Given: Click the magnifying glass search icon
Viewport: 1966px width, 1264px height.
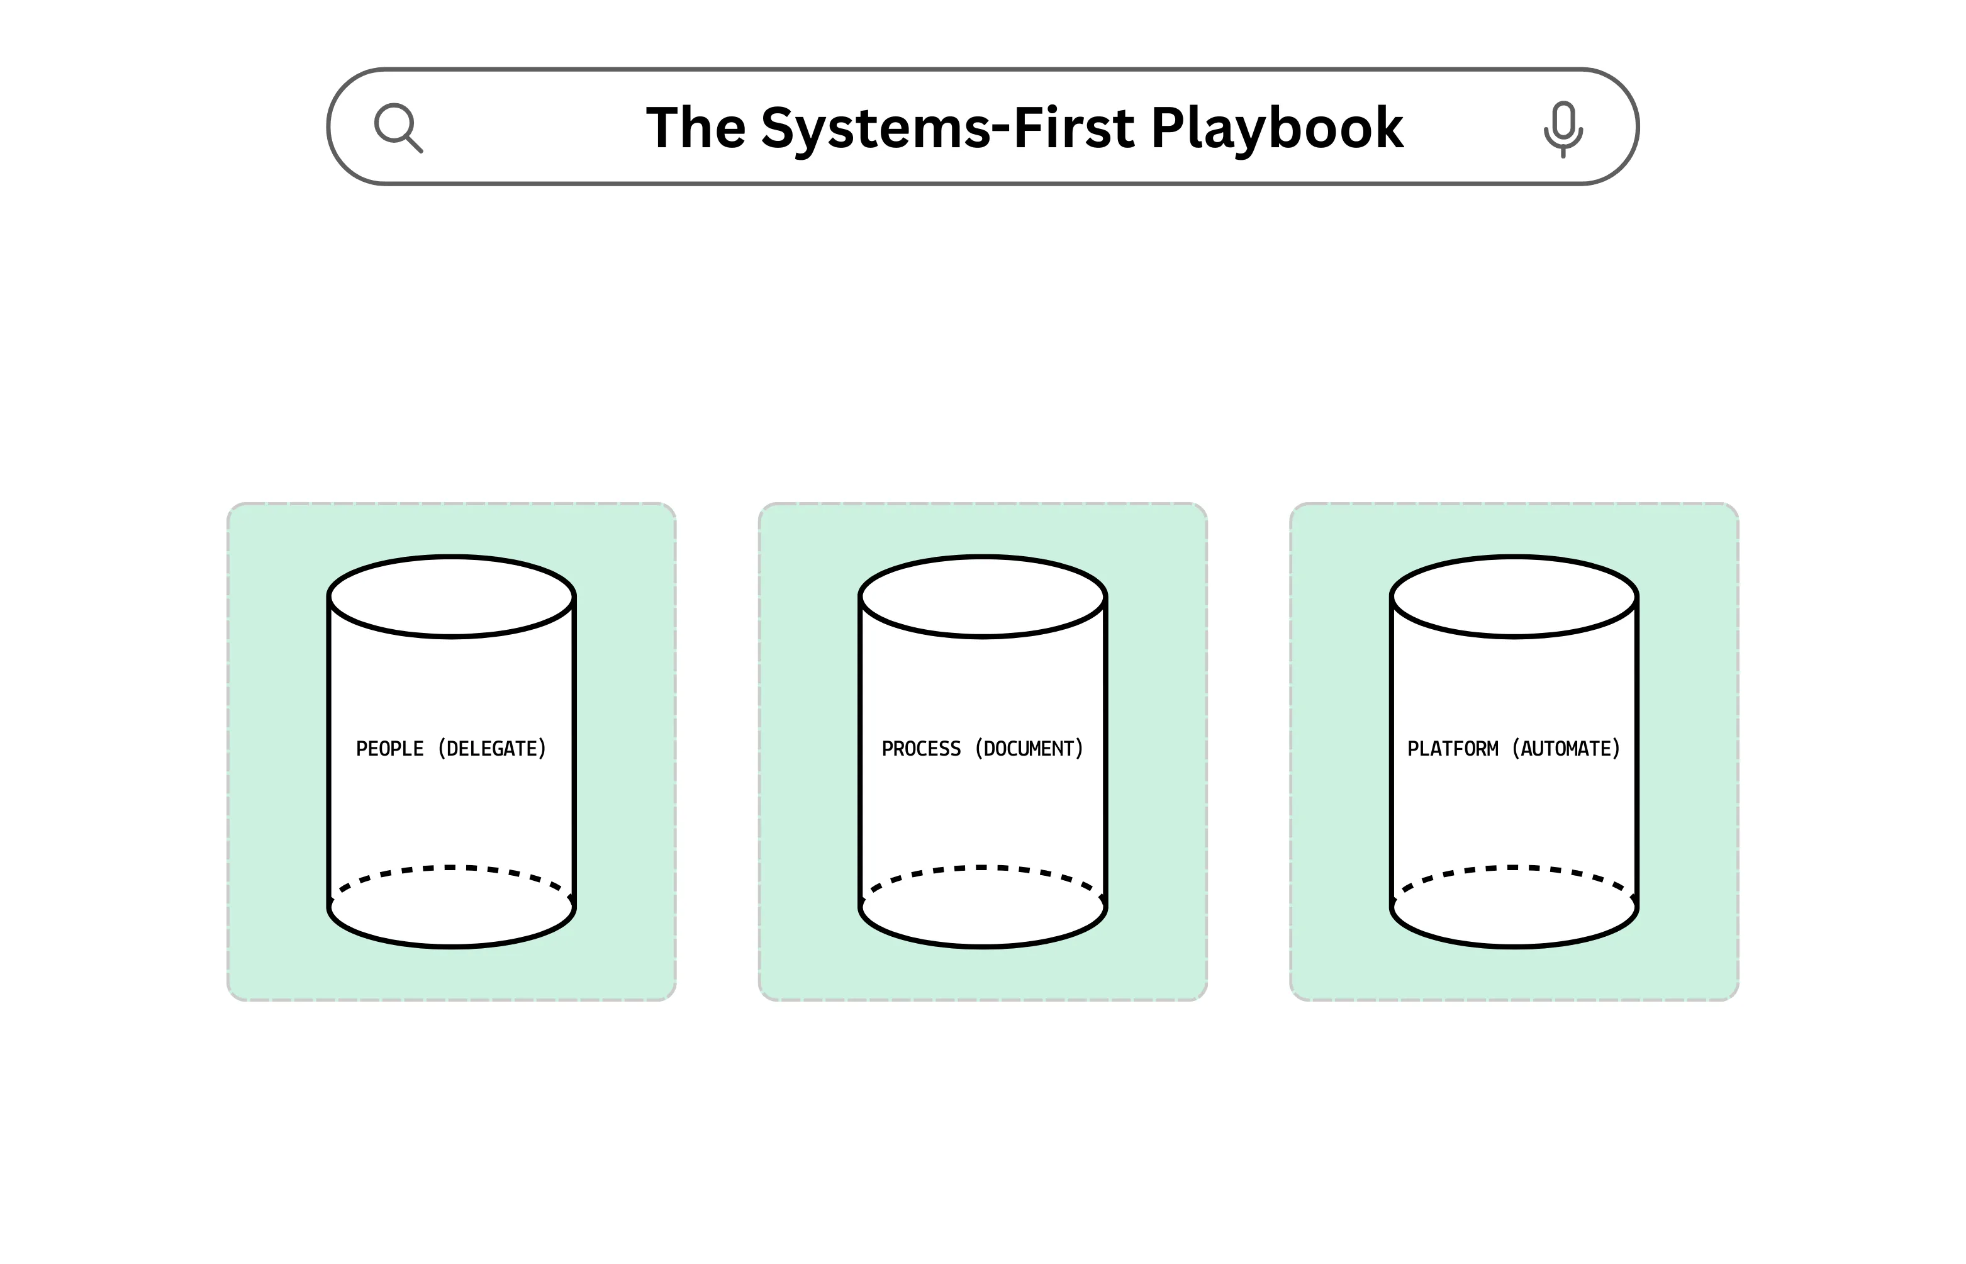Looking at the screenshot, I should point(398,127).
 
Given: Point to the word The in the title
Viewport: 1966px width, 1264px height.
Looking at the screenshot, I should point(696,128).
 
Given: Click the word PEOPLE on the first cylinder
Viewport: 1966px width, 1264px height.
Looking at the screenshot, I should point(390,749).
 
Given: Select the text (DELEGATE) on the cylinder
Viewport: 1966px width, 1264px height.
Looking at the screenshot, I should point(493,749).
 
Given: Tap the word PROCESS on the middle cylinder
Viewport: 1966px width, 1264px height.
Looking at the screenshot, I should point(920,749).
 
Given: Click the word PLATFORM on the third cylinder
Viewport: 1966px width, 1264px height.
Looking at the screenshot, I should point(1453,749).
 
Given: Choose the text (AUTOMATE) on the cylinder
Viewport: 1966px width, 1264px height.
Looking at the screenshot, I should point(1567,749).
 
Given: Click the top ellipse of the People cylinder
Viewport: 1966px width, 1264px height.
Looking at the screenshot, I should point(451,596).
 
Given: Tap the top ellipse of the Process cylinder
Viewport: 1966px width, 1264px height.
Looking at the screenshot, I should point(983,596).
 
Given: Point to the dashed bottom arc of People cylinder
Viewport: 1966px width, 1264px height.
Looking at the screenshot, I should point(451,868).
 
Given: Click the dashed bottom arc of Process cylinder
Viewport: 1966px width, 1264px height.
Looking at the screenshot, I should point(983,868).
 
